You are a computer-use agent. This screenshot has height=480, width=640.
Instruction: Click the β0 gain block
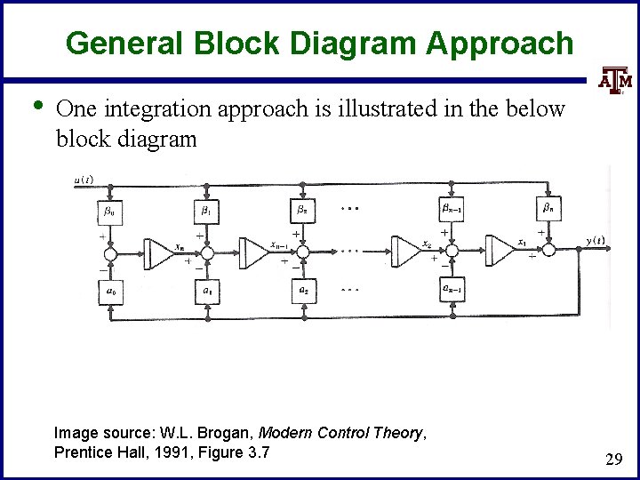point(109,212)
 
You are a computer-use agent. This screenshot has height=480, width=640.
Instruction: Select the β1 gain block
point(206,212)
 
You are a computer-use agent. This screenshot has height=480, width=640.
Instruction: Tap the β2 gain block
point(302,212)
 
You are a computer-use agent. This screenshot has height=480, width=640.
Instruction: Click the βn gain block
point(548,210)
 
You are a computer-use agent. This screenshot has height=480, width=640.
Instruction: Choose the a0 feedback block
point(109,291)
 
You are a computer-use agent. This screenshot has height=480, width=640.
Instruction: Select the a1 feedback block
point(206,291)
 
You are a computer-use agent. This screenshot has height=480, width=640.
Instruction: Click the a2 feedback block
point(302,291)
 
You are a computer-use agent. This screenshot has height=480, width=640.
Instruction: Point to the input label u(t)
point(84,180)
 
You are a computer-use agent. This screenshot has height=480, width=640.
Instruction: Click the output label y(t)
point(595,240)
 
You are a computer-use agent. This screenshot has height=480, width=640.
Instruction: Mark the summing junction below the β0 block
point(109,255)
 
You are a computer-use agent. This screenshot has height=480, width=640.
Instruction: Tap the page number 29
point(612,460)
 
